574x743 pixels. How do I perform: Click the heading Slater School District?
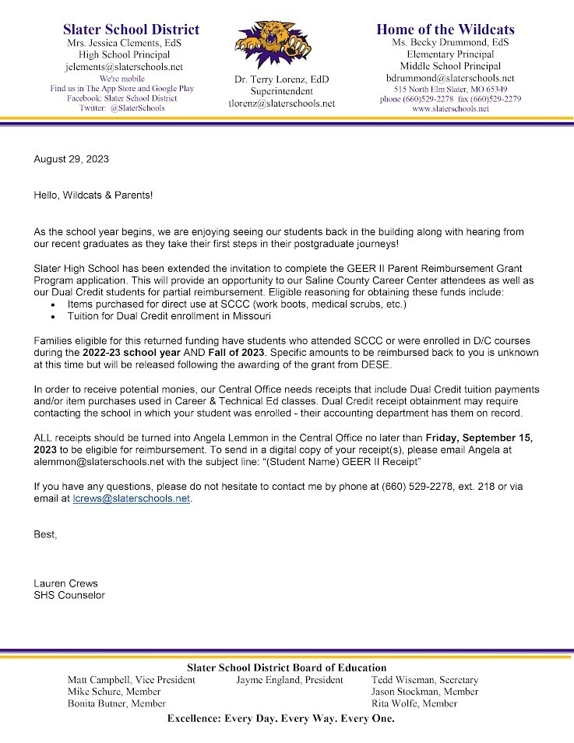[131, 30]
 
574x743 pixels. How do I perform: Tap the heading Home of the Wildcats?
[445, 30]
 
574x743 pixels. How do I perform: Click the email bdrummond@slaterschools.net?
[450, 78]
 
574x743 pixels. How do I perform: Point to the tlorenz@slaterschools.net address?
[281, 103]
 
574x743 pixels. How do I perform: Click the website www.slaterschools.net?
[450, 109]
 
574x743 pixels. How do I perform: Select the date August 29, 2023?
[71, 159]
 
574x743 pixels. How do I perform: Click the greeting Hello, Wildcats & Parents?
[93, 195]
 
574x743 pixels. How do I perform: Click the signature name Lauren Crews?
[66, 583]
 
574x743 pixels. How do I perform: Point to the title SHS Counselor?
[69, 595]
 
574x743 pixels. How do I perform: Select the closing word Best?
[46, 534]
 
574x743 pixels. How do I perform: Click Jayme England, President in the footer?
[289, 680]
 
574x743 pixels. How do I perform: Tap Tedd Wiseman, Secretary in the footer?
[424, 680]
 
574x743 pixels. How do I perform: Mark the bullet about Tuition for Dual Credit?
[162, 317]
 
